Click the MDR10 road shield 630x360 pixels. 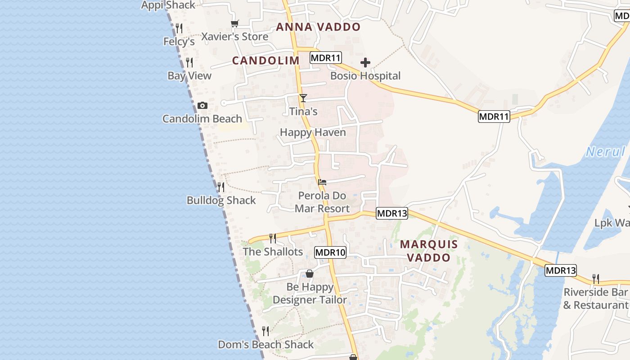click(330, 252)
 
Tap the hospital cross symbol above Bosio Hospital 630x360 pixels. click(365, 63)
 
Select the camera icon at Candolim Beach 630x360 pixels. click(202, 105)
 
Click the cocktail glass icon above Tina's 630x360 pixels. click(303, 98)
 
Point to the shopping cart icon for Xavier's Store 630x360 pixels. click(234, 23)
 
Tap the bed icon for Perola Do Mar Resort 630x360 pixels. click(322, 182)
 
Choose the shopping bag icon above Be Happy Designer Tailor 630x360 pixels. click(310, 274)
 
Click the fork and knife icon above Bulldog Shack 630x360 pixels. click(221, 187)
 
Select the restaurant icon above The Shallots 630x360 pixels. click(273, 238)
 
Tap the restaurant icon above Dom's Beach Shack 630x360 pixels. click(265, 331)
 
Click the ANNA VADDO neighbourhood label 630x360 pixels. click(318, 27)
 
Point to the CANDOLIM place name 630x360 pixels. click(265, 61)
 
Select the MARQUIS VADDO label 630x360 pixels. click(429, 251)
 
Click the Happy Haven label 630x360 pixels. click(313, 132)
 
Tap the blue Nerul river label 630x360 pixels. click(605, 152)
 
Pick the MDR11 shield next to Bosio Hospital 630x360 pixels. click(326, 58)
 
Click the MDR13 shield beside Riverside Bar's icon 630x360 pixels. click(560, 270)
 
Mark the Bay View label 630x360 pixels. click(189, 76)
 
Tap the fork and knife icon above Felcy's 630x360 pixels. click(179, 28)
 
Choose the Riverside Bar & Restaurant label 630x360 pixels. click(596, 298)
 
